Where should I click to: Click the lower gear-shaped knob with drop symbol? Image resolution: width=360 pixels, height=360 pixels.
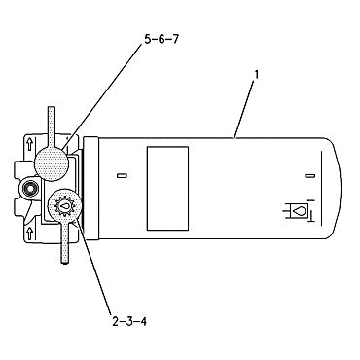point(62,207)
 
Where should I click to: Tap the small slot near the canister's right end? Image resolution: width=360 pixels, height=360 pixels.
point(308,176)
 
